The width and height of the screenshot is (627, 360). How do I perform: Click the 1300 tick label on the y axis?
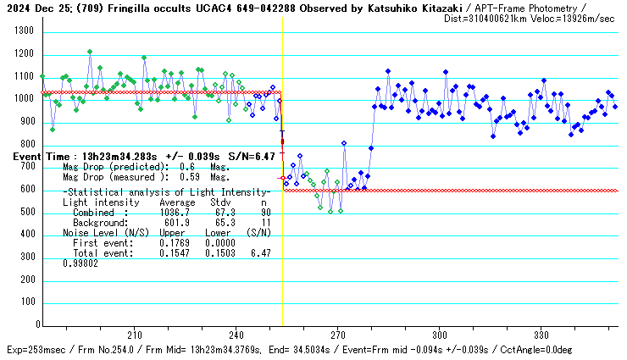click(x=22, y=31)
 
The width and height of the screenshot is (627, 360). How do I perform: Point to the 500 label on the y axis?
click(x=25, y=212)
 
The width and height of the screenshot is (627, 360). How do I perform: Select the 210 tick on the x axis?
click(x=134, y=335)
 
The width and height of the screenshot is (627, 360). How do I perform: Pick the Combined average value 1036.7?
click(x=177, y=213)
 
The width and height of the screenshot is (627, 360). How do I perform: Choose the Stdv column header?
click(x=223, y=202)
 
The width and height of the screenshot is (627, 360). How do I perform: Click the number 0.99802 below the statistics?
click(x=80, y=263)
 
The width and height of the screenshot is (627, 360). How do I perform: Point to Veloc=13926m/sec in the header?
click(x=572, y=18)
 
